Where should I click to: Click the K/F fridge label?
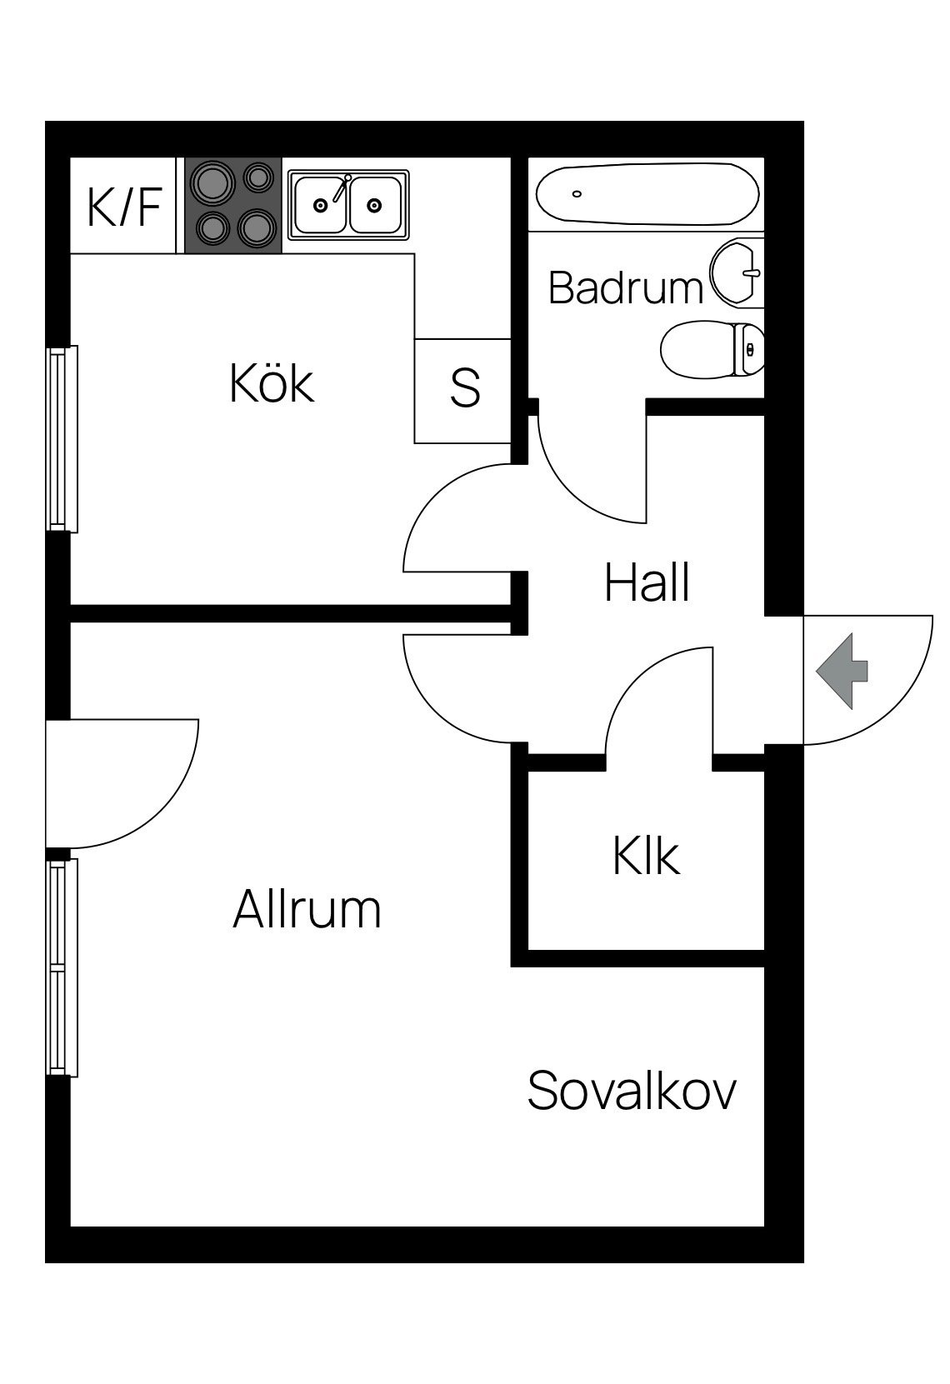124,207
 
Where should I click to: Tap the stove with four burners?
233,205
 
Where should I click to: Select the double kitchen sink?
348,205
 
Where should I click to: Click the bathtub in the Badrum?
647,194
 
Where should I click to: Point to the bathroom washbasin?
737,273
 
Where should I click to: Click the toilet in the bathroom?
712,349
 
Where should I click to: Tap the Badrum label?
626,288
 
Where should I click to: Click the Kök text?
272,383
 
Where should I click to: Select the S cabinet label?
465,387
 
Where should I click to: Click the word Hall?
647,582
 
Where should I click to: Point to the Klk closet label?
646,856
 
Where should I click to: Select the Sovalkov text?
632,1092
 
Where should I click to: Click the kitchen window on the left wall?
62,438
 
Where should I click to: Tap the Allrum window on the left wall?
62,967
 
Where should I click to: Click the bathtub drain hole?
577,194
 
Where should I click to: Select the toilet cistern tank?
748,350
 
